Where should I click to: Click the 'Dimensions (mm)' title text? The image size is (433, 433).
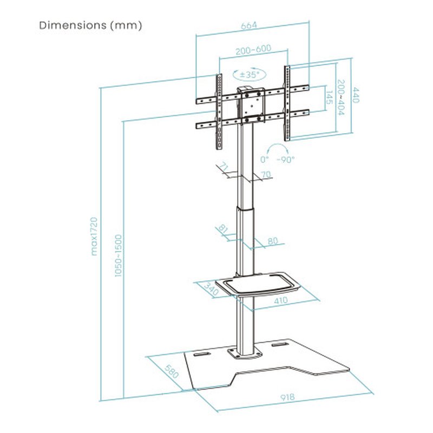pyautogui.click(x=90, y=25)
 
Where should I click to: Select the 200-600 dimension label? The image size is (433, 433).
pyautogui.click(x=253, y=50)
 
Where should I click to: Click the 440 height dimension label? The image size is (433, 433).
pyautogui.click(x=357, y=96)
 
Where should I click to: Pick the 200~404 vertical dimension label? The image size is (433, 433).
pyautogui.click(x=342, y=98)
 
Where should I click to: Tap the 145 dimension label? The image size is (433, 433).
pyautogui.click(x=329, y=99)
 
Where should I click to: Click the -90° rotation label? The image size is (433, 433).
pyautogui.click(x=285, y=160)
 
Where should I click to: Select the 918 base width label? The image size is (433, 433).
pyautogui.click(x=288, y=397)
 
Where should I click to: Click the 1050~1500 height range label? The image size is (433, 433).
pyautogui.click(x=118, y=256)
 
